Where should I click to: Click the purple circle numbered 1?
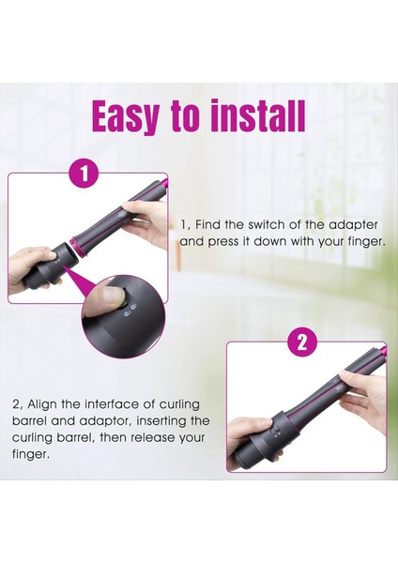click(84, 175)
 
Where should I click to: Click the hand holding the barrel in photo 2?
click(362, 395)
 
